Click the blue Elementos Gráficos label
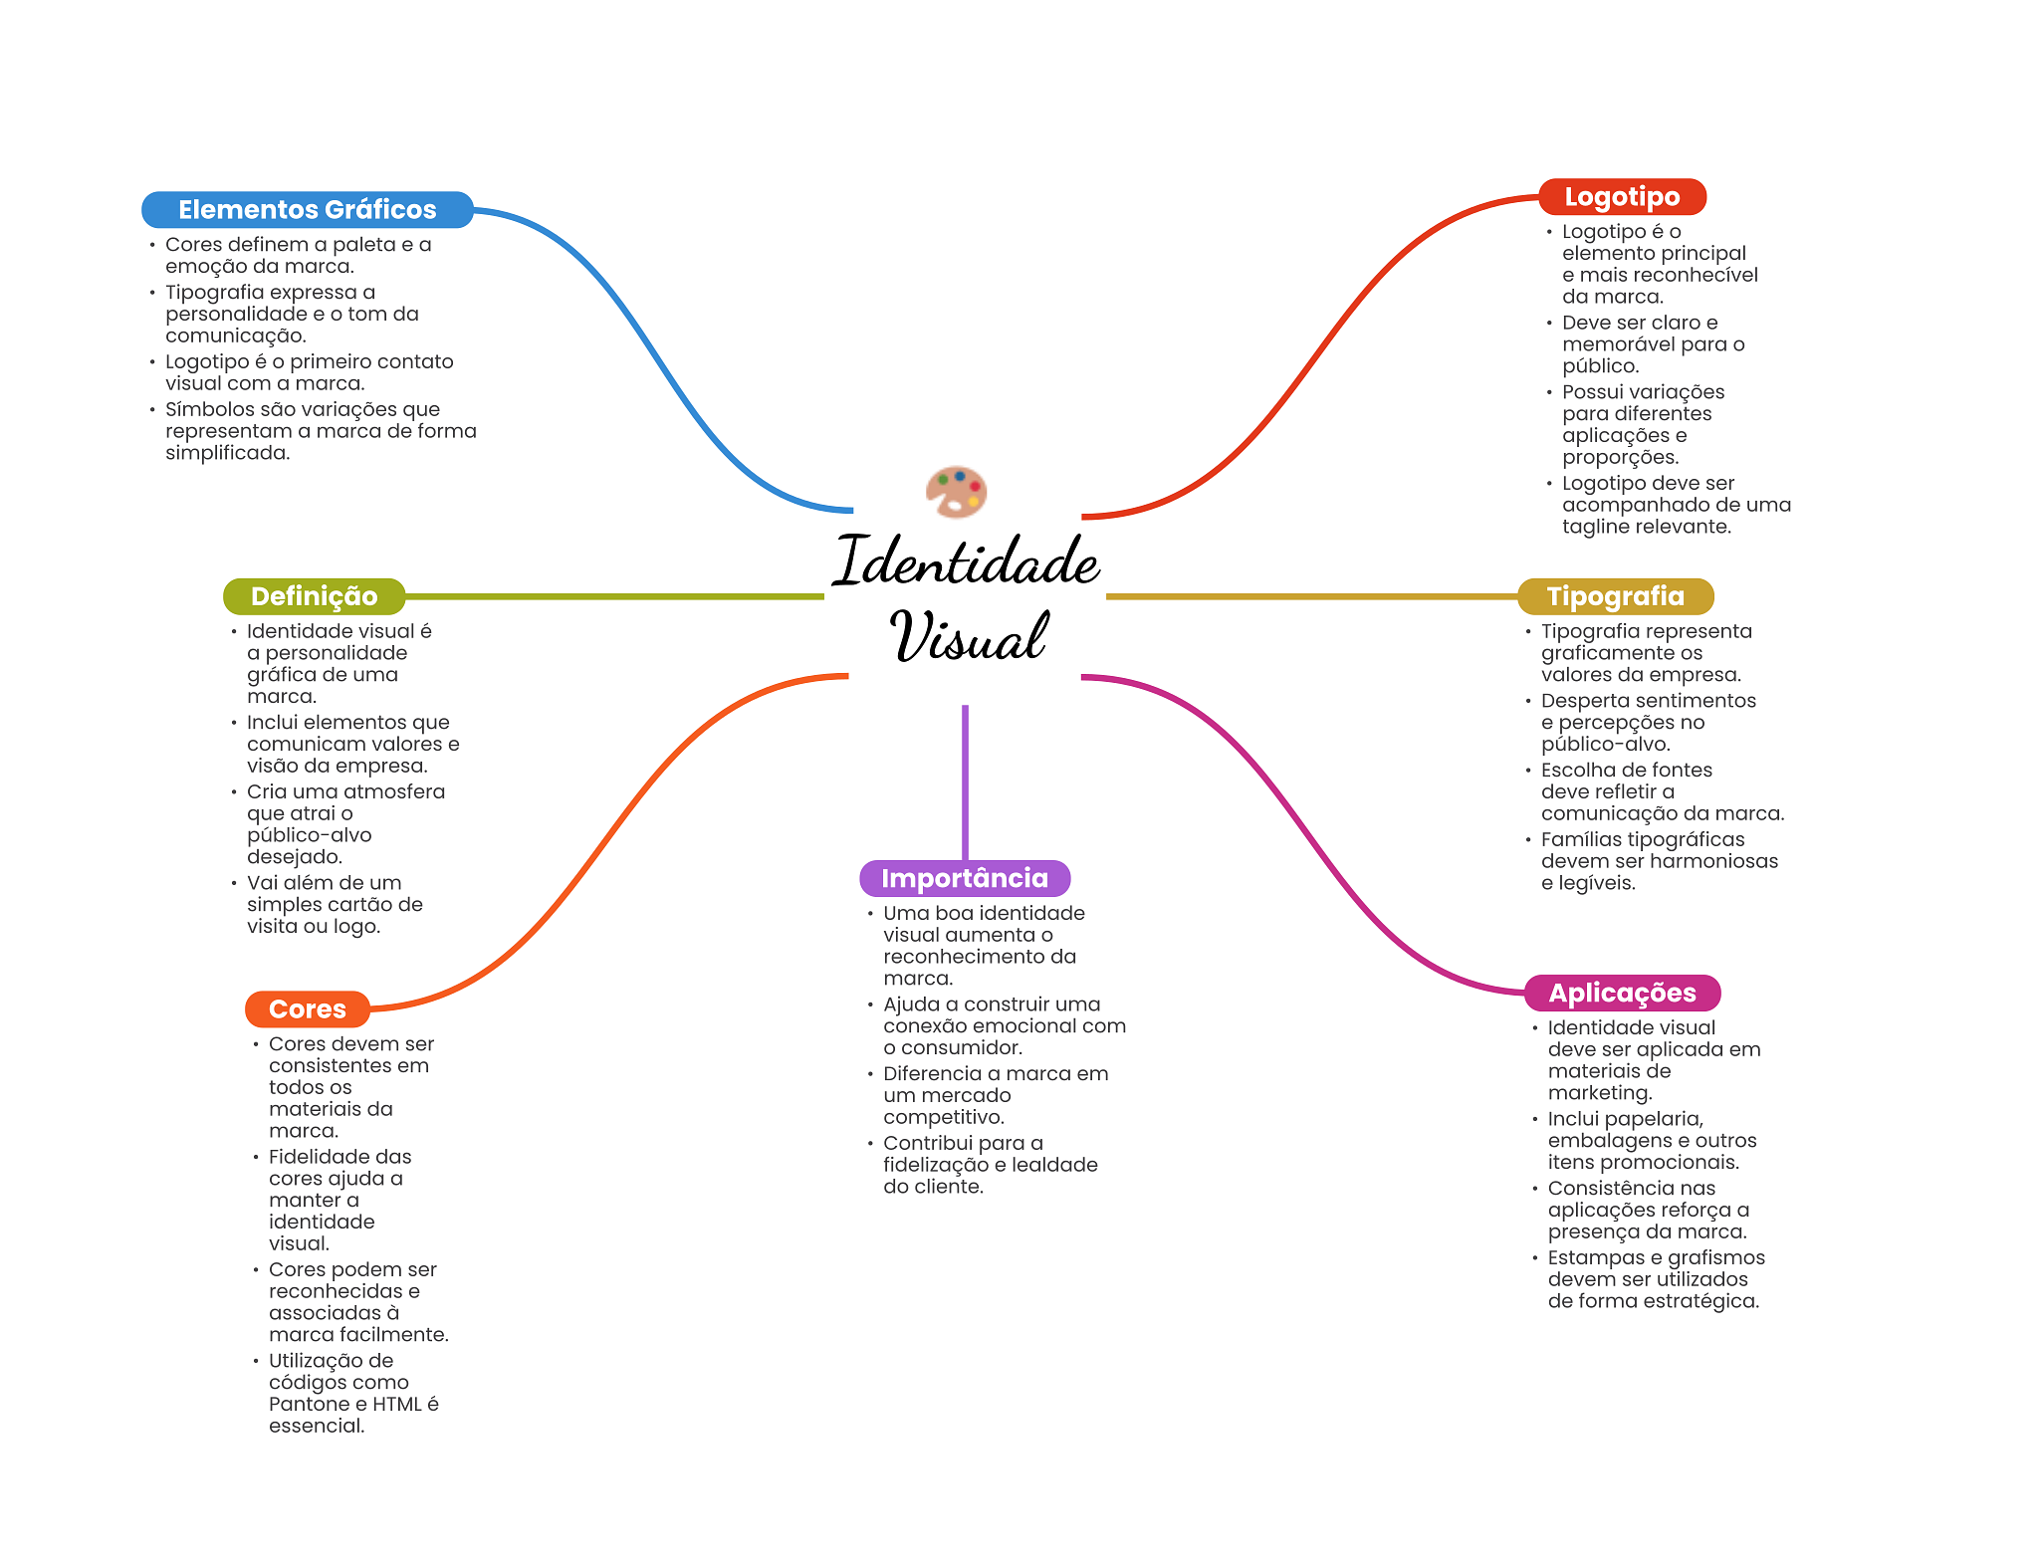pos(307,210)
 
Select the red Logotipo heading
pos(1622,197)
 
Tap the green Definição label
pos(314,596)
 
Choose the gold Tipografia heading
pos(1615,596)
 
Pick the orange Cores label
pos(307,1009)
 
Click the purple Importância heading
pos(964,878)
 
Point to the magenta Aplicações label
pos(1622,993)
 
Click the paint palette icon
pos(956,492)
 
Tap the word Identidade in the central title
pos(966,561)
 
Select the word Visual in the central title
pos(968,637)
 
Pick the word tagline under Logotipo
pos(1595,527)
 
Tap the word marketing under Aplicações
pos(1599,1093)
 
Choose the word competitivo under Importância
pos(943,1118)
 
